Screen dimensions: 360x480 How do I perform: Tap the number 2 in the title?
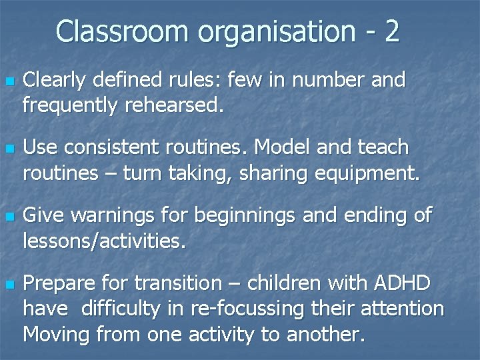point(391,31)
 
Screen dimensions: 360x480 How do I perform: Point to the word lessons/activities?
point(103,239)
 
